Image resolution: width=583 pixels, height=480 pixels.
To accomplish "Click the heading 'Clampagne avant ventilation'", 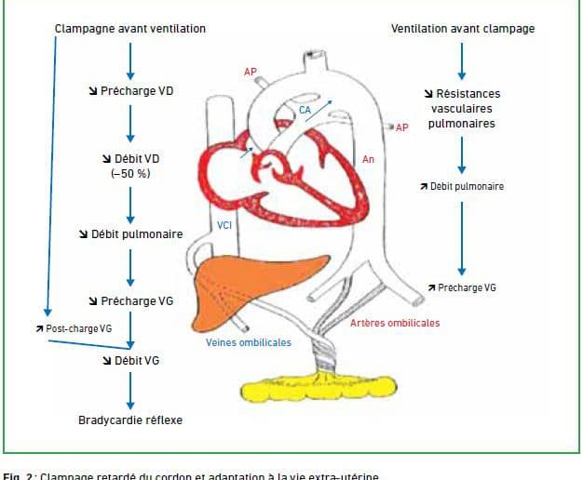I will [130, 29].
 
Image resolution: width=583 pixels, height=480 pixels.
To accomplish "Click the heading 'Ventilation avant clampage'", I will [463, 29].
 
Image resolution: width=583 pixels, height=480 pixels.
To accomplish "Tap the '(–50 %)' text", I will [130, 173].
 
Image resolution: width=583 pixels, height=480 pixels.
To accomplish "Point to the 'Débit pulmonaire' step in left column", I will [130, 233].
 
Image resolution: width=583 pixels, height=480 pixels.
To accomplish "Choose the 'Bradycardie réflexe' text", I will [130, 420].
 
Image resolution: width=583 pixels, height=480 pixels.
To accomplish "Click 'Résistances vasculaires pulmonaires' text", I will [463, 108].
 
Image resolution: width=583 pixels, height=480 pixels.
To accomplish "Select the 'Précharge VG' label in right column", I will [463, 287].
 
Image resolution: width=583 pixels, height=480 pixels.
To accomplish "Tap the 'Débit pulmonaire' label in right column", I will [463, 186].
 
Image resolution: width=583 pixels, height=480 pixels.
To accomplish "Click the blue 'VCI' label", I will [224, 224].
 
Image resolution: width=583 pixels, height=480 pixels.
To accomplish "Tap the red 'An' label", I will [369, 160].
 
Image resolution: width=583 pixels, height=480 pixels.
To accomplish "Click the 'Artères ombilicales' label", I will [395, 324].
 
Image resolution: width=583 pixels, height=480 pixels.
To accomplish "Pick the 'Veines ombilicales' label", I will [249, 342].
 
